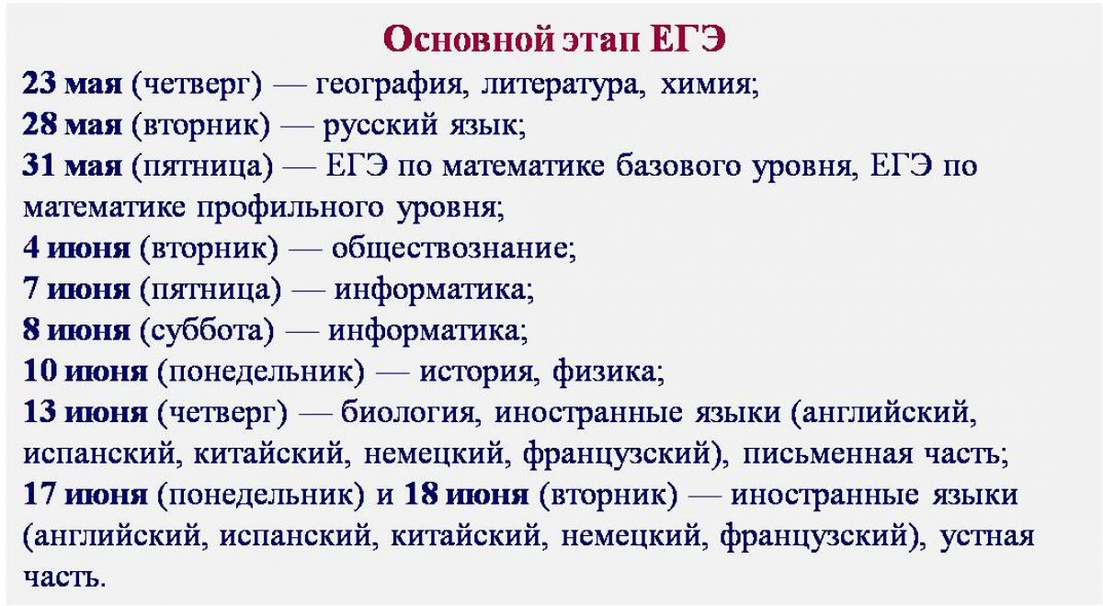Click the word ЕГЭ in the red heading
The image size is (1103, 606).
coord(688,39)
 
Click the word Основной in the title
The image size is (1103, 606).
coord(468,39)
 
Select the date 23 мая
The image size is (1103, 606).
coord(72,84)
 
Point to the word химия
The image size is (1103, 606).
coord(705,85)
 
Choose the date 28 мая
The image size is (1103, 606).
coord(72,124)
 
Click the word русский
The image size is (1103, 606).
coord(380,126)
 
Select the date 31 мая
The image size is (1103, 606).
coord(72,166)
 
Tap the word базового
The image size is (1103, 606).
coord(678,166)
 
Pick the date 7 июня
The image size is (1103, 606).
coord(76,289)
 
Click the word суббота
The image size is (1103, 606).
coord(207,329)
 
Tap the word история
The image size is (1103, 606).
coord(476,373)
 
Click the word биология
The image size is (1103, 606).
coord(407,412)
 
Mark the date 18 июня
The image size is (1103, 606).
coord(466,495)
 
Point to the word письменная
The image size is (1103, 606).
coord(827,453)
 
